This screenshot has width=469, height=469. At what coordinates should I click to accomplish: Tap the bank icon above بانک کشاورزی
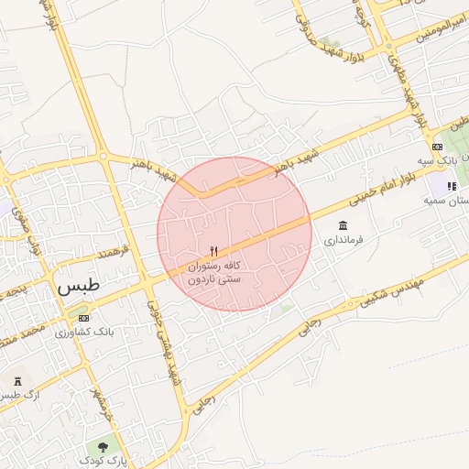coord(85,317)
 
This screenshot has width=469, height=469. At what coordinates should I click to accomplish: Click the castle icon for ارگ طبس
coord(17,380)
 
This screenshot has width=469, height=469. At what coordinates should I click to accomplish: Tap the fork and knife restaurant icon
coord(214,250)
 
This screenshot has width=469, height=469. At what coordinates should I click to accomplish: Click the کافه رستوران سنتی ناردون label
coord(214,271)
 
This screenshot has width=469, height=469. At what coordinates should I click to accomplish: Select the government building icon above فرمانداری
coord(343,225)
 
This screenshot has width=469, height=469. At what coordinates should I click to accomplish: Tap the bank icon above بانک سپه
coord(437,147)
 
